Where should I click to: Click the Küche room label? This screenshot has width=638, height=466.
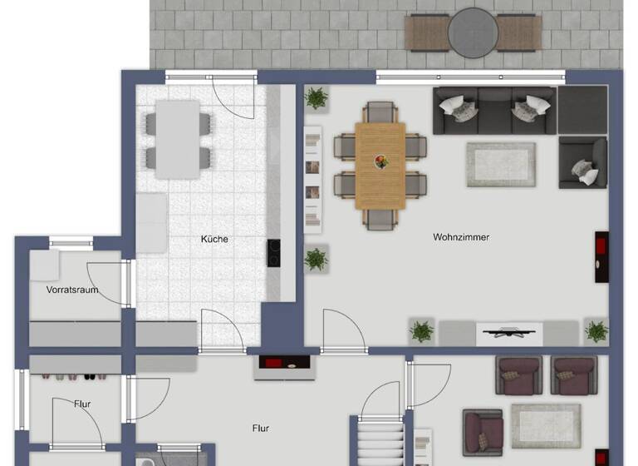(214, 239)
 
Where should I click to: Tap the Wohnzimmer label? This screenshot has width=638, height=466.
(461, 237)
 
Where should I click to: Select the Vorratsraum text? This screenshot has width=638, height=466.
(72, 290)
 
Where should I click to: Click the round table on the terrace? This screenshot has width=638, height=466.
(472, 32)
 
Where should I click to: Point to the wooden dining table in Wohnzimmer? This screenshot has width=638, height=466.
(380, 166)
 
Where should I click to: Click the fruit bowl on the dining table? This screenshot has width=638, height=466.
(380, 161)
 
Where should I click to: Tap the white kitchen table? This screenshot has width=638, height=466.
(178, 138)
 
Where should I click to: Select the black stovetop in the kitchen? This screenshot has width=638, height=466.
(272, 252)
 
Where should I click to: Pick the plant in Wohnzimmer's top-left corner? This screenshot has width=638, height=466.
(316, 99)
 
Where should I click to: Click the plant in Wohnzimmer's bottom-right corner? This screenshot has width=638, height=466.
(596, 331)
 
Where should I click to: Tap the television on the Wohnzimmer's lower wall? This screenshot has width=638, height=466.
(508, 333)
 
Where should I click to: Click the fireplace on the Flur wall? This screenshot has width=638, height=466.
(282, 364)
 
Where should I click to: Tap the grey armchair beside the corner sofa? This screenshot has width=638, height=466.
(582, 162)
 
